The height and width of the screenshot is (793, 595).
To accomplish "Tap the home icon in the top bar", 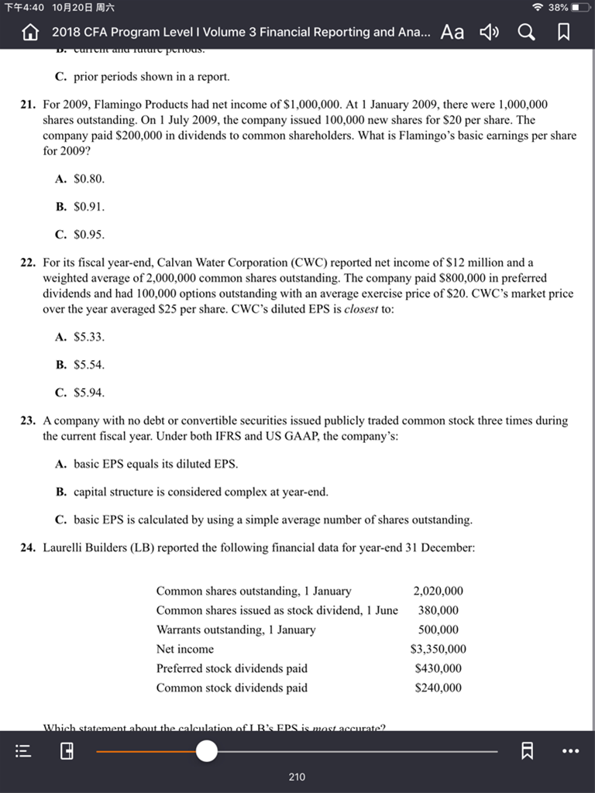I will click(30, 32).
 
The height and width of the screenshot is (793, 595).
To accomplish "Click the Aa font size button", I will click(452, 32).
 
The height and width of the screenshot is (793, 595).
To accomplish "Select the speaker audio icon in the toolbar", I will click(489, 32).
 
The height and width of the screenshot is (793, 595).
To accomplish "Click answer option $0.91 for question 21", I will click(88, 207).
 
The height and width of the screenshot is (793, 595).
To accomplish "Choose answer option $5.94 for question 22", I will click(88, 392).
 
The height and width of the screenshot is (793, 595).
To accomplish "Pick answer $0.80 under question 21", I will click(88, 178).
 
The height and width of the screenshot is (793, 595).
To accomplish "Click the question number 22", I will click(28, 263).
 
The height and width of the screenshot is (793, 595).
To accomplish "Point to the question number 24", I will click(28, 548).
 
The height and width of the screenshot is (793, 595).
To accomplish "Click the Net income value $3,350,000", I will click(438, 649).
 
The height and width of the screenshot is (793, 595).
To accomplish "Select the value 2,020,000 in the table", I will click(438, 591).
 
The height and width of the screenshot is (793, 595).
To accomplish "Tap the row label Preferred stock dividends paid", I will click(232, 668).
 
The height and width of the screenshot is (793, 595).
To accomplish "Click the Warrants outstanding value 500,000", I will click(438, 630).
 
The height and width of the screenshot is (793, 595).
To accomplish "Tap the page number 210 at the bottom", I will click(297, 777).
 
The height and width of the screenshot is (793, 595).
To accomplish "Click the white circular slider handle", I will click(207, 750).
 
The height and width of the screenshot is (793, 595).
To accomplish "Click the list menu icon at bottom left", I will click(25, 750).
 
